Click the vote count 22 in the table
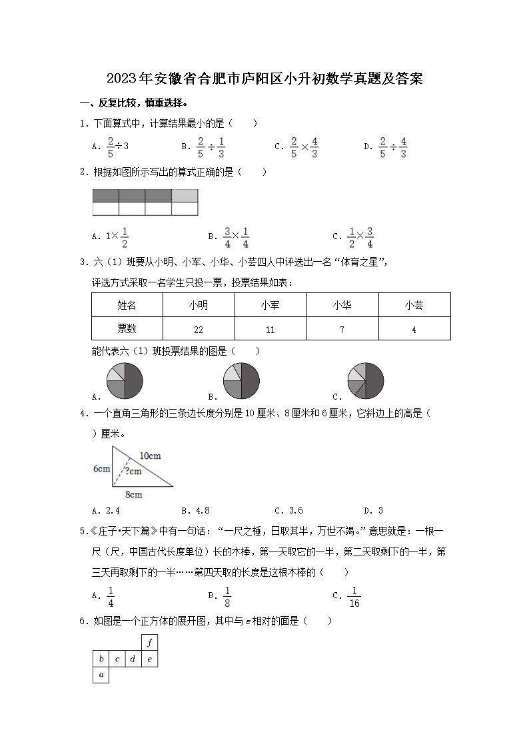pos(199,329)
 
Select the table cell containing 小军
pos(270,305)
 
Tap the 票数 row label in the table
pos(127,328)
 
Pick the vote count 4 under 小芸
pos(414,329)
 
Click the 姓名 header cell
pos(127,305)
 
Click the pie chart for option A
pos(125,381)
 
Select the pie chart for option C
pos(366,381)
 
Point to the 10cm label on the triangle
pos(150,456)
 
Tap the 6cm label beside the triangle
pos(101,469)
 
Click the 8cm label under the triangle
pos(133,495)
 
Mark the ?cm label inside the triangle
pos(133,472)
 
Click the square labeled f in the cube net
pos(150,643)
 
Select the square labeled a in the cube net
pos(101,675)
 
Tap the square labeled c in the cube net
pos(117,659)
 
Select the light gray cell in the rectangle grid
pos(185,196)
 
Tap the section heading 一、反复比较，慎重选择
pos(133,103)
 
